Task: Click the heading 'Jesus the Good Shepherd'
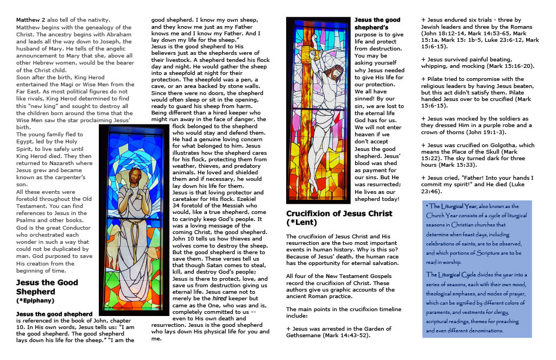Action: [x=47, y=286]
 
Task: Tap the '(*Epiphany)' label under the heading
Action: [x=35, y=300]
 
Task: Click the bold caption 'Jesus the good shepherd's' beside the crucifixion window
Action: [x=377, y=24]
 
